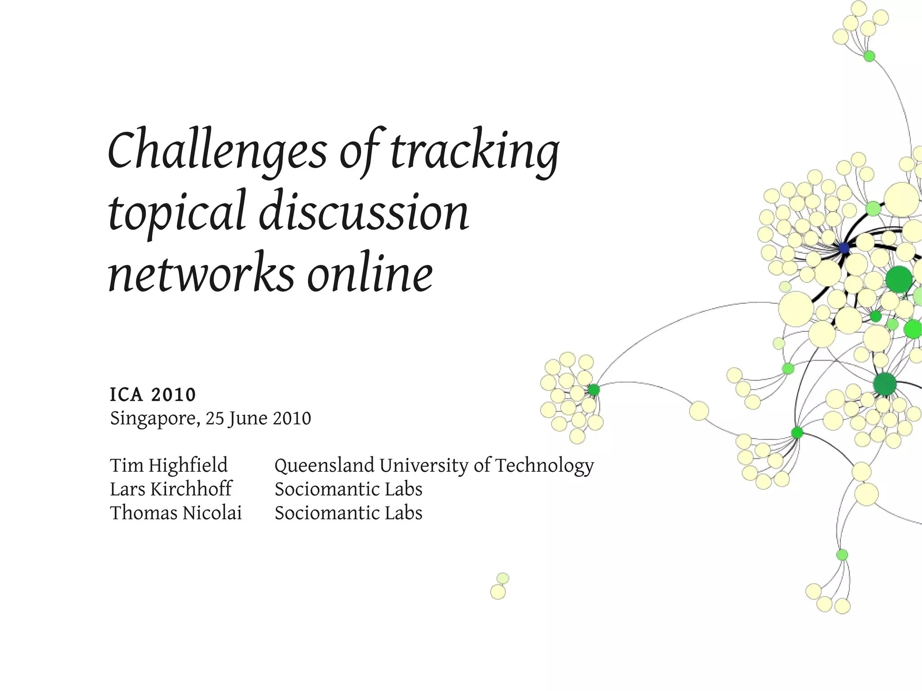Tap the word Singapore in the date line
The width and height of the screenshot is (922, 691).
click(154, 418)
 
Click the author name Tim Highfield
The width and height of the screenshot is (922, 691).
click(169, 465)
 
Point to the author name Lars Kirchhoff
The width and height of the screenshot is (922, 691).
click(171, 489)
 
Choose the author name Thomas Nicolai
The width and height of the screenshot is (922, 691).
click(176, 513)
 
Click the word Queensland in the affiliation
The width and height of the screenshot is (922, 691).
click(324, 465)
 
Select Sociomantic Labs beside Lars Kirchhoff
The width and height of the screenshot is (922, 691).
click(348, 489)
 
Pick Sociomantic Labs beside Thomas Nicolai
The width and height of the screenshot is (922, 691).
click(348, 513)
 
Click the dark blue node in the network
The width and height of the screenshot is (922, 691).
click(844, 248)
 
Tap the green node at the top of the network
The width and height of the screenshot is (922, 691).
click(869, 56)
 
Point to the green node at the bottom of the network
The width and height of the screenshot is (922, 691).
click(842, 555)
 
